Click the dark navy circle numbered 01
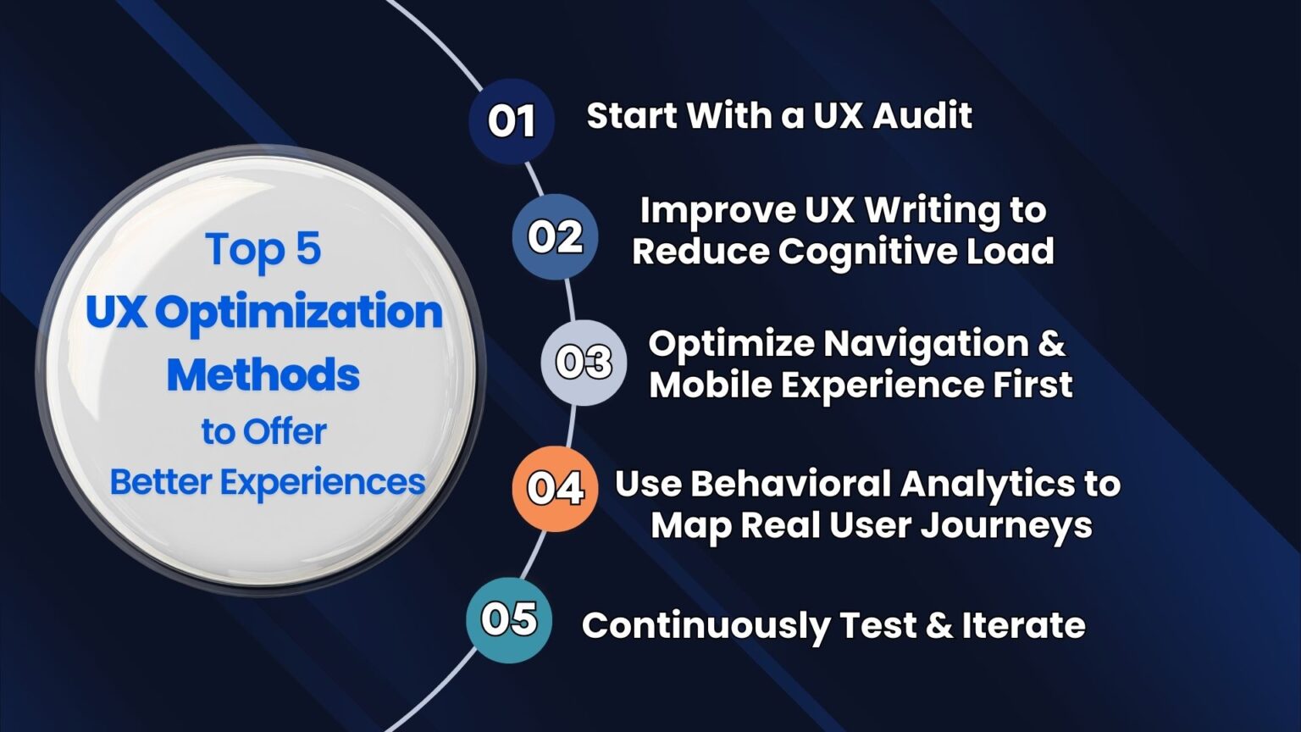point(512,121)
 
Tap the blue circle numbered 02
point(556,236)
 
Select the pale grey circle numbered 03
point(584,363)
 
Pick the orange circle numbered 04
point(556,489)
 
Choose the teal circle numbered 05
point(509,620)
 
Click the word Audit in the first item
point(923,115)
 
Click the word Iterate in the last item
point(1023,625)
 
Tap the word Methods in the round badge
point(263,374)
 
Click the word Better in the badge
point(160,482)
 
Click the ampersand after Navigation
point(1051,343)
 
